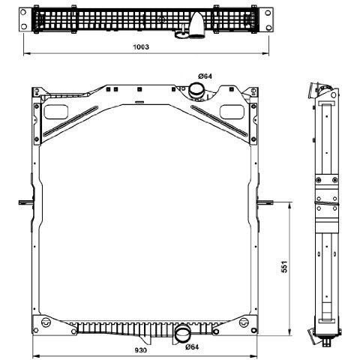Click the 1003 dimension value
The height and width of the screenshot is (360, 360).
click(141, 46)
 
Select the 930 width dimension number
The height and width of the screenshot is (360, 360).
click(141, 350)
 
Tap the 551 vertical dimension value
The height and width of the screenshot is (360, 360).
click(284, 266)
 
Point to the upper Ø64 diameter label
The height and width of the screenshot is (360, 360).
click(205, 76)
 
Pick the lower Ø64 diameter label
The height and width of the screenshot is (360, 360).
click(192, 346)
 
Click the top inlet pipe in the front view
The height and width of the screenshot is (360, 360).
click(196, 91)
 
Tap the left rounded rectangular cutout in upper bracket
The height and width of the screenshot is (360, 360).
click(56, 112)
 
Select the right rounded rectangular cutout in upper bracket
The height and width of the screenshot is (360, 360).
click(232, 112)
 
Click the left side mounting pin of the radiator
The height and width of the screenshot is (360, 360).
click(26, 202)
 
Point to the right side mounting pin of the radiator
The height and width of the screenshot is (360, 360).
click(265, 202)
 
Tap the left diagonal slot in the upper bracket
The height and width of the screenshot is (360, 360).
click(70, 121)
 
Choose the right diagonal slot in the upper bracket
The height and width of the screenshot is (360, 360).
click(219, 121)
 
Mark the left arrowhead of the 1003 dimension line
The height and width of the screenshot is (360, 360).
click(26, 53)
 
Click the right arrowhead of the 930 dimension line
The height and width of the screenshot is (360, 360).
click(254, 355)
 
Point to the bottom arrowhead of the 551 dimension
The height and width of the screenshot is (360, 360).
click(289, 332)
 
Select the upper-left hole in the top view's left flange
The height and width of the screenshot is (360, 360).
click(23, 12)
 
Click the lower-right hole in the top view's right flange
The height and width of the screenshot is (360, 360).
click(268, 27)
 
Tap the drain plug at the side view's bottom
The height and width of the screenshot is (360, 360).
click(326, 343)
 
